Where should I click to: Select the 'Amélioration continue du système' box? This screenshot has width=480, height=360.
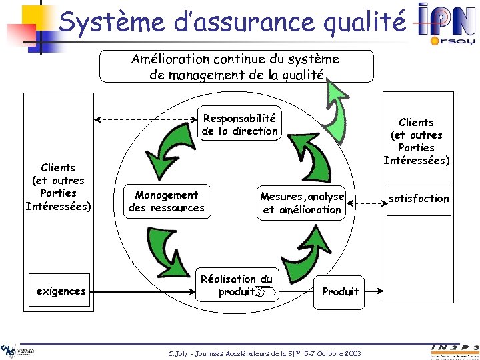click(x=236, y=67)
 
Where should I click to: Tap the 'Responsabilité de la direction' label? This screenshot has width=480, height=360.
click(x=239, y=125)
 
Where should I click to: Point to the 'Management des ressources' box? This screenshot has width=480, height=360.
click(x=167, y=201)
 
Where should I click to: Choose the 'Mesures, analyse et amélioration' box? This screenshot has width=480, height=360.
click(x=302, y=203)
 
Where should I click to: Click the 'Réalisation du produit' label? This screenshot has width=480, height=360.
click(x=237, y=285)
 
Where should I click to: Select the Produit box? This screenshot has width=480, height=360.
click(x=340, y=291)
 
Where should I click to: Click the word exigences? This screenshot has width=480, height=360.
click(x=61, y=291)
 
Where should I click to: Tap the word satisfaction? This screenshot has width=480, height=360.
click(x=419, y=198)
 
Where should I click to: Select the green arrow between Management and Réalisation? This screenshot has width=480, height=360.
click(x=163, y=254)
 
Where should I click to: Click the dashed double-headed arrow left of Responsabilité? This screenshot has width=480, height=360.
click(x=147, y=119)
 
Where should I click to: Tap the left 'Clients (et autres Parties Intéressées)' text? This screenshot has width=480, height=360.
click(x=58, y=187)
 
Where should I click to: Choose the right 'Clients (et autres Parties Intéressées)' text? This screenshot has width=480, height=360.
click(x=416, y=141)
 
